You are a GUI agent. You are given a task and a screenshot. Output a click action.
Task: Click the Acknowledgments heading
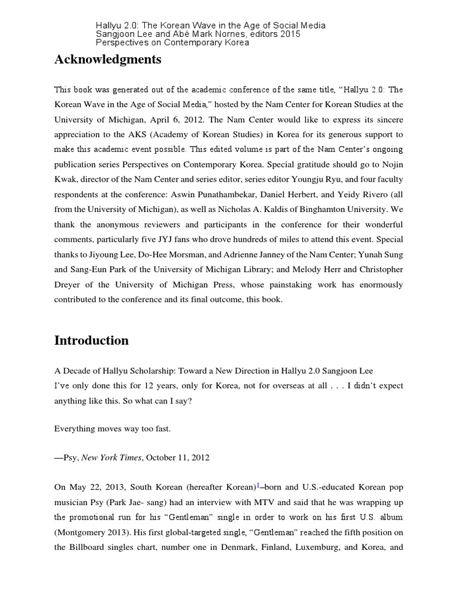tap(107, 59)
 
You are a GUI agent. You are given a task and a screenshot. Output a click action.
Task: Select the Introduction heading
tap(91, 340)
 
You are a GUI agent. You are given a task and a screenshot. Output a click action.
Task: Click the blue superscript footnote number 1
tap(258, 485)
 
